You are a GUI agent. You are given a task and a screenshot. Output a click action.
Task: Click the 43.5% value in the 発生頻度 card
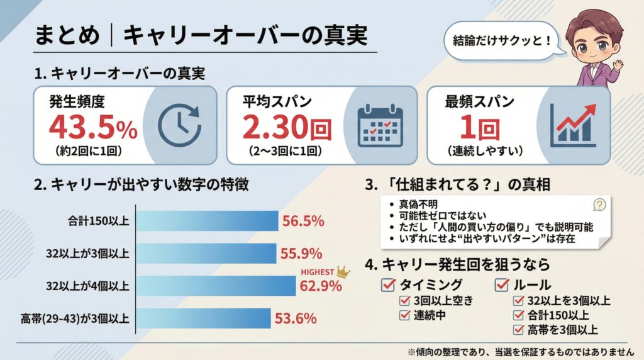pos(93,128)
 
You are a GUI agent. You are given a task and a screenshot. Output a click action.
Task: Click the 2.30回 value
pos(287,128)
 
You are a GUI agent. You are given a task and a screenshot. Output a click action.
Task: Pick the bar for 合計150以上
pos(208,221)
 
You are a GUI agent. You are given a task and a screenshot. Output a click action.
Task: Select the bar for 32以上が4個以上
pos(216,286)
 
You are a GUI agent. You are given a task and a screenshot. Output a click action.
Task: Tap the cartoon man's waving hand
pos(618,65)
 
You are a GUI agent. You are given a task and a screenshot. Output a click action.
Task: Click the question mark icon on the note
pos(599,204)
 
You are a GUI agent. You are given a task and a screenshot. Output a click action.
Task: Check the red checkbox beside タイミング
pos(388,284)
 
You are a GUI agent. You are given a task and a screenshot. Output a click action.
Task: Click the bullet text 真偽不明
pos(418,205)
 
